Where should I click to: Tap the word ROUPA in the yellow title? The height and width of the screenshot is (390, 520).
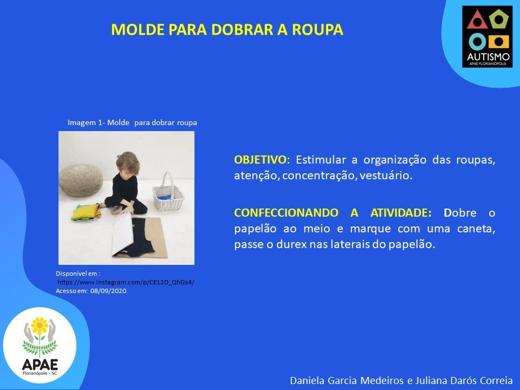coord(317,29)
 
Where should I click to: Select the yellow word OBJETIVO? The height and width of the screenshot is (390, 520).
coord(260,160)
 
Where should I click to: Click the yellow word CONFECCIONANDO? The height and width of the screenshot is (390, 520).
coord(286,212)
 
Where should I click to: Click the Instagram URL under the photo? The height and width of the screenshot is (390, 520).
coord(126,282)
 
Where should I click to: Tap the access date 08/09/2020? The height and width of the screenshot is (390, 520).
coord(109,291)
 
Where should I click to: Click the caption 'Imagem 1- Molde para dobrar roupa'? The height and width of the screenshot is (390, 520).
coord(132,122)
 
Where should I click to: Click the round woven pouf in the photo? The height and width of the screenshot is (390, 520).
coord(81,180)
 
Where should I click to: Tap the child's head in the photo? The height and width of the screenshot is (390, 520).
coord(128,163)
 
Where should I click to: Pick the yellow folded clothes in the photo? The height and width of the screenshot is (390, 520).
coord(85,212)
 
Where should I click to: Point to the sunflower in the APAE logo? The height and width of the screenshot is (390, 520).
coord(40,326)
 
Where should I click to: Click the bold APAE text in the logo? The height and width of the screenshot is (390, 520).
coord(40,365)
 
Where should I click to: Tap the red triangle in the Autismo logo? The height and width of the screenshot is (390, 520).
coord(477,20)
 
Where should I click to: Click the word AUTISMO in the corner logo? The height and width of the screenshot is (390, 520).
coord(487,57)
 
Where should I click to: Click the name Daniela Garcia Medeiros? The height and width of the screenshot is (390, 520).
coord(347,380)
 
